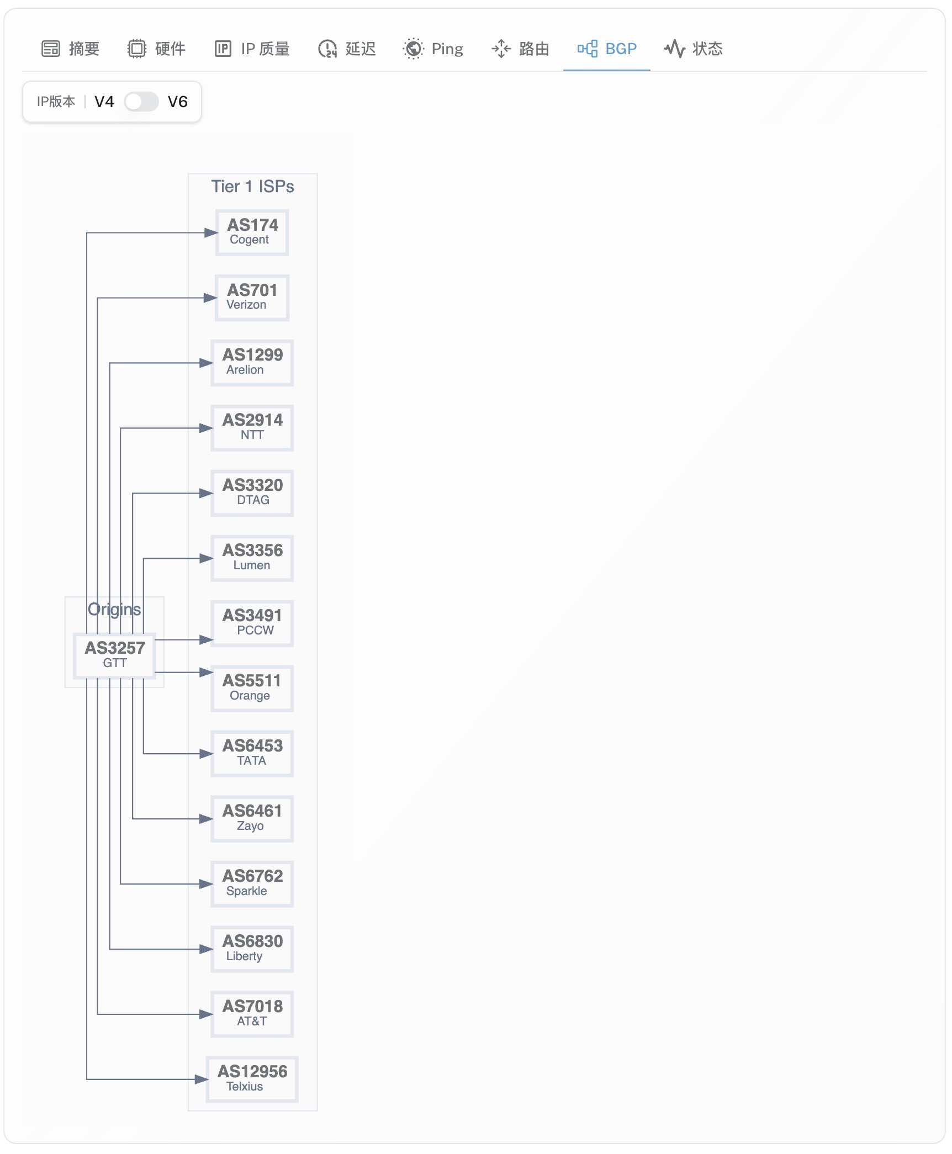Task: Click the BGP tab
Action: tap(606, 49)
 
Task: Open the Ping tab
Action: tap(433, 49)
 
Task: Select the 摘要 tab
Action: tap(71, 49)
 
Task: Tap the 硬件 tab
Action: tap(157, 49)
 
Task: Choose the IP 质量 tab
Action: tap(252, 49)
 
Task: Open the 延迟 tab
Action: tap(347, 49)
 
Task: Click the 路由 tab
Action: tap(520, 49)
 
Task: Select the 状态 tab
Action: tap(694, 49)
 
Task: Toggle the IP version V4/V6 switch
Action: tap(141, 102)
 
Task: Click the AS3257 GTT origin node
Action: tap(115, 654)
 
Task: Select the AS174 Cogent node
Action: tap(252, 232)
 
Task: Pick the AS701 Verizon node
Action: tap(252, 298)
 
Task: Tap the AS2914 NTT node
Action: tap(252, 428)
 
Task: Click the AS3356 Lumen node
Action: tap(252, 558)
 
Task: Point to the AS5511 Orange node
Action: tap(252, 689)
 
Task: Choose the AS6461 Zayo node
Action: tap(252, 819)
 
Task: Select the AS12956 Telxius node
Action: tap(252, 1079)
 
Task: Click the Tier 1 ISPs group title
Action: tap(252, 187)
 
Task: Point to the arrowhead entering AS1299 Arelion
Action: tap(207, 363)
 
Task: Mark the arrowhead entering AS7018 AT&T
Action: tap(207, 1014)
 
